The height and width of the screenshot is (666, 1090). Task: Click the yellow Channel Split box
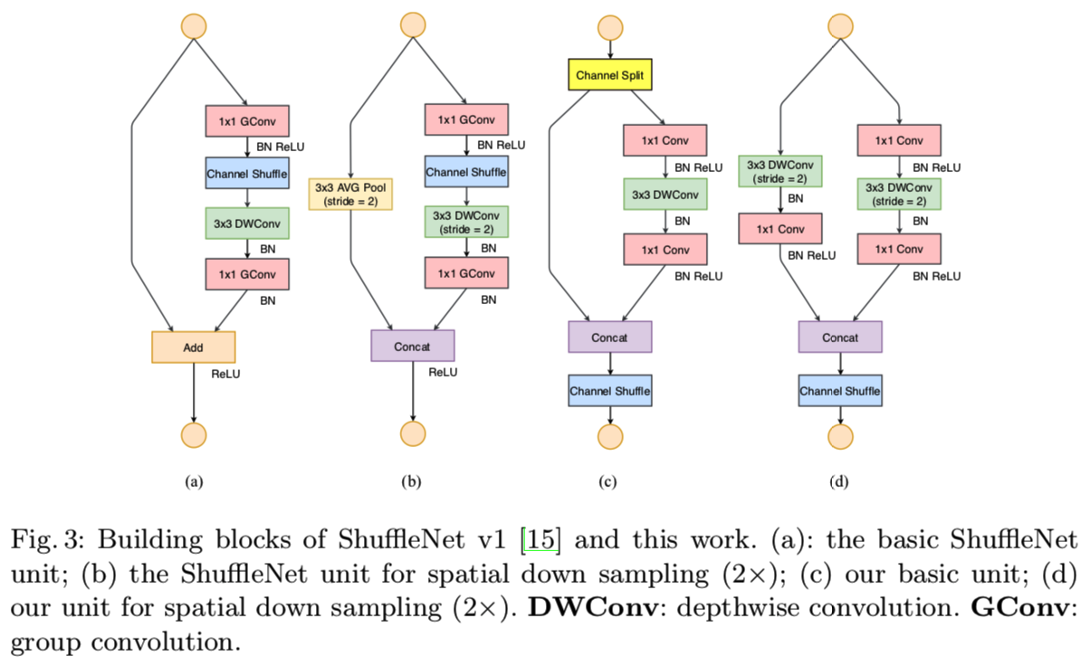coord(610,75)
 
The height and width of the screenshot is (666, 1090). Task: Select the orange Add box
coord(193,347)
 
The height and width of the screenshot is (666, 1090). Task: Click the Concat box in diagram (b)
coord(412,346)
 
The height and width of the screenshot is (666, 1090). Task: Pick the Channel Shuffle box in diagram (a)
coord(247,173)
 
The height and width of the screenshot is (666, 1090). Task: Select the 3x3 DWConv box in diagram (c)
coord(665,195)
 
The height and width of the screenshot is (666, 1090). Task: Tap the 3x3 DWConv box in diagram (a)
coord(247,223)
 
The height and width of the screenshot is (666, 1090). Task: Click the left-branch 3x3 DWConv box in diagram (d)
coord(781,170)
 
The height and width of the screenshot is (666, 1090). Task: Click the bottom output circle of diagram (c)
coord(611,436)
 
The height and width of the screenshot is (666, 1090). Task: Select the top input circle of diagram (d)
coord(841,24)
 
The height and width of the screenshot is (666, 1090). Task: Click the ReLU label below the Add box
coord(225,373)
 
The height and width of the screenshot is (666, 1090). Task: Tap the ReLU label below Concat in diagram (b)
coord(444,372)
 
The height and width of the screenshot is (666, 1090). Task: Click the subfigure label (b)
coord(411,482)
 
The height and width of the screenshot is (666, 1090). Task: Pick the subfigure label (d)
coord(839,482)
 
